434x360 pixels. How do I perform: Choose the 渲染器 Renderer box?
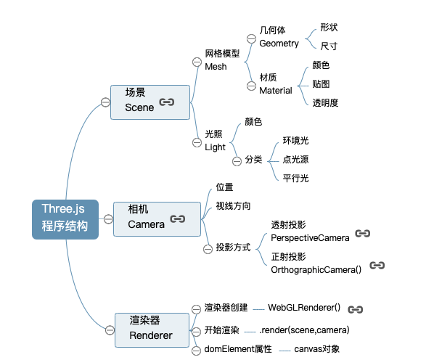[x=150, y=328]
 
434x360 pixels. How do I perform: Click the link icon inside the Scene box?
[x=167, y=102]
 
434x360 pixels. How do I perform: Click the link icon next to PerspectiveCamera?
[x=363, y=234]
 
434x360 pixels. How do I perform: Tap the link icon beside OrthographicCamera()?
[x=377, y=266]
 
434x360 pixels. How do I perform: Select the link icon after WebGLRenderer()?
[x=356, y=309]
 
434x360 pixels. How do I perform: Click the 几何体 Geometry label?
[x=279, y=37]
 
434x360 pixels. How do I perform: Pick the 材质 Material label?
[x=275, y=84]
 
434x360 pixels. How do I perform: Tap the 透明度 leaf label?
[x=326, y=102]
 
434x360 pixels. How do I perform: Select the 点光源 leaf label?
[x=295, y=159]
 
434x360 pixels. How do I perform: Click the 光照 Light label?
[x=216, y=141]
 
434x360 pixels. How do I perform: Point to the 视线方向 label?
[x=233, y=205]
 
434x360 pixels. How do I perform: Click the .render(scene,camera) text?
[x=304, y=330]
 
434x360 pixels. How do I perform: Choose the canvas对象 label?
[x=316, y=349]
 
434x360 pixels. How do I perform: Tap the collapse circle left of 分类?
[x=236, y=160]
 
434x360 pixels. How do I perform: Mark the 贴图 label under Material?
[x=322, y=83]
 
